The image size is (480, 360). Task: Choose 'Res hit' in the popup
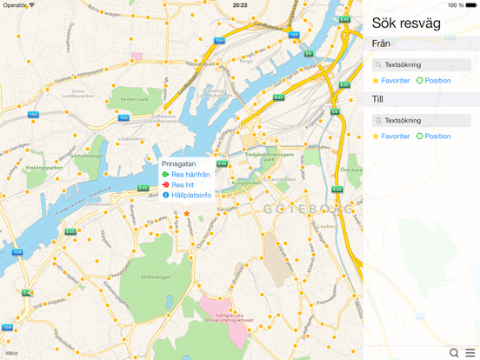click(183, 185)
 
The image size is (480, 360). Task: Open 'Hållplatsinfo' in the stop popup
click(190, 196)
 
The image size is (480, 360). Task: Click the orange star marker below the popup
click(186, 213)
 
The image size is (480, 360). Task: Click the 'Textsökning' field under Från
click(422, 65)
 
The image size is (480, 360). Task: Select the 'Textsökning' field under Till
click(422, 121)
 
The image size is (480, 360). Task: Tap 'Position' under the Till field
click(437, 137)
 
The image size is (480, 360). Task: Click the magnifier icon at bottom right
click(454, 353)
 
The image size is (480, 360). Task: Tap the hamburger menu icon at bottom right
click(470, 353)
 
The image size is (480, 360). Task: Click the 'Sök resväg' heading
click(406, 23)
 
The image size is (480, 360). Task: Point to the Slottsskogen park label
click(130, 278)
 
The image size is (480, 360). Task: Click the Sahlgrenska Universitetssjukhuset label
click(230, 318)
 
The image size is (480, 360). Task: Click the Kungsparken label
click(246, 183)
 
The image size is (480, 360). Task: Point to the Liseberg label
click(327, 224)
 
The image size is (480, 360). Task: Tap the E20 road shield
click(337, 190)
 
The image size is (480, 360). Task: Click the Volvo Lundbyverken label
click(78, 93)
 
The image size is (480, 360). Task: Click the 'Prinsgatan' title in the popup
click(178, 163)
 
